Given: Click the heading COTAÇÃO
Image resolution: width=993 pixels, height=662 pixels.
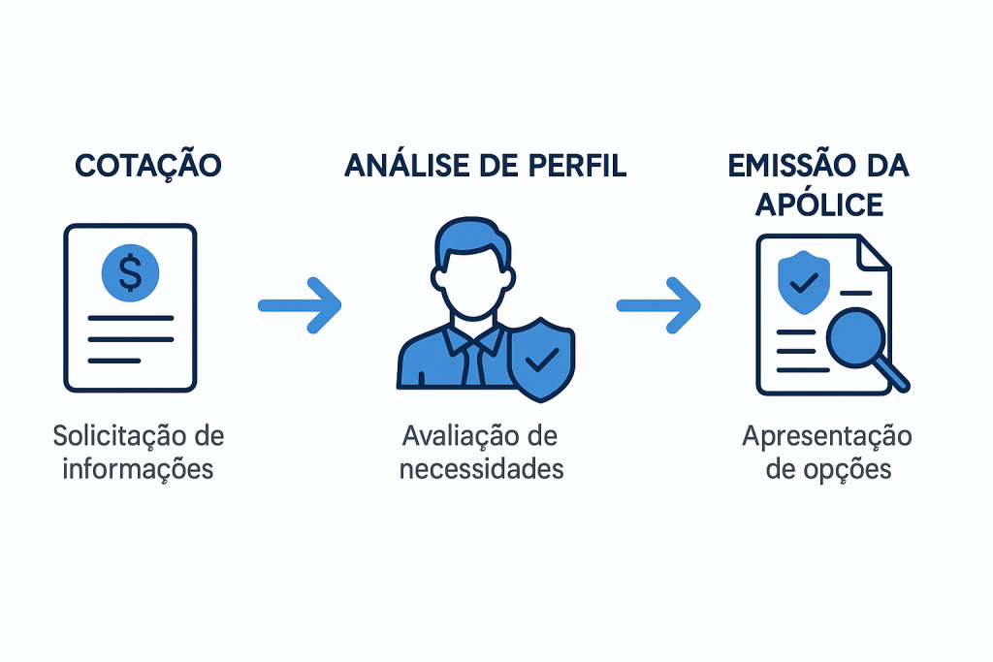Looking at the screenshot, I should (x=147, y=166).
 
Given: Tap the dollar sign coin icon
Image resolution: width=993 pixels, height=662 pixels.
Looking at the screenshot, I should (x=129, y=271).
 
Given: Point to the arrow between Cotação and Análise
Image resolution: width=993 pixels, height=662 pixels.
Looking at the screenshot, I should (x=301, y=305).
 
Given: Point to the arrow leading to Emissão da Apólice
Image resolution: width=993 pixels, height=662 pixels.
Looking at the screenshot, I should (x=659, y=305).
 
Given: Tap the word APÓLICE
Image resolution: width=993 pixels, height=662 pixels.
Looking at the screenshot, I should (x=820, y=205).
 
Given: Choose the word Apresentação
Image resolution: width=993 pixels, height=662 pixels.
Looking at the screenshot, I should (x=827, y=436).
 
